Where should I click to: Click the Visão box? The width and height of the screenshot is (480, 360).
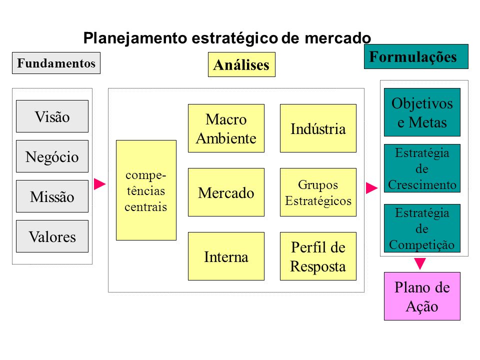click(x=52, y=116)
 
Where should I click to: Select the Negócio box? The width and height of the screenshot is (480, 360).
click(x=52, y=156)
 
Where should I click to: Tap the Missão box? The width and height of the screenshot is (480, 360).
click(x=52, y=196)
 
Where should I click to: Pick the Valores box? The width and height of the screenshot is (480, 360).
click(x=52, y=236)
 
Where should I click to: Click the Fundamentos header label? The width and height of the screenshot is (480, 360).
click(x=56, y=63)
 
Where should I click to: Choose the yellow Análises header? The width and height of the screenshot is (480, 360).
click(x=241, y=64)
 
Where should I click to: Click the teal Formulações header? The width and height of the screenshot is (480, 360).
click(x=416, y=56)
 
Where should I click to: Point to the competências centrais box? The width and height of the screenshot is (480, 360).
click(x=146, y=190)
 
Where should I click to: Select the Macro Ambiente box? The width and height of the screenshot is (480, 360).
click(x=226, y=128)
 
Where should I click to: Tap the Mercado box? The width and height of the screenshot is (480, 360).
click(x=226, y=192)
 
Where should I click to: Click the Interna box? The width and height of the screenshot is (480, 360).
click(x=226, y=256)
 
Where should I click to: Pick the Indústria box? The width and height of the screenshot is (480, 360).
click(x=318, y=128)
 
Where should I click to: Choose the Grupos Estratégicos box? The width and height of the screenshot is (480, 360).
click(x=318, y=192)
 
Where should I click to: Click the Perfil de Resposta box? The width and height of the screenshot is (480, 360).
click(x=318, y=256)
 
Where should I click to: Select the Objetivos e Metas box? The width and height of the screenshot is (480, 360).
click(x=422, y=112)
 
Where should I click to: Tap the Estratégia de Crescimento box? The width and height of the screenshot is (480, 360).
click(x=422, y=168)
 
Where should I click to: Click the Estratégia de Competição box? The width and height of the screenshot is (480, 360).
click(x=422, y=228)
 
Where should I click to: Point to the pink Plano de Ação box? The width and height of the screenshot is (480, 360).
click(x=422, y=296)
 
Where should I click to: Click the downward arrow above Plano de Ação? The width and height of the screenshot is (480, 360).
click(x=420, y=263)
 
